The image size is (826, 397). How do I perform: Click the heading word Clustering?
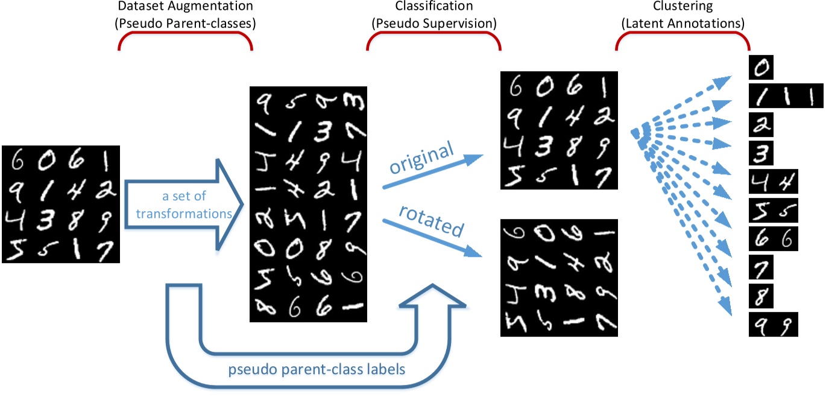[x=683, y=7]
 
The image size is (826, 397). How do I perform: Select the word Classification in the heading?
[x=433, y=7]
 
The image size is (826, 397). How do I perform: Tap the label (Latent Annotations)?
[x=683, y=24]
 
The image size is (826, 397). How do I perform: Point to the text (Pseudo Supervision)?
[x=433, y=24]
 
